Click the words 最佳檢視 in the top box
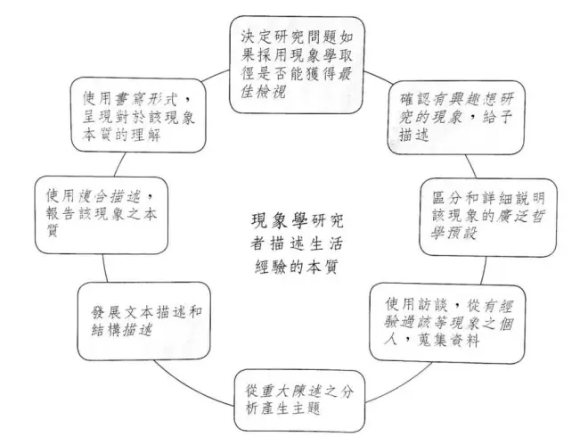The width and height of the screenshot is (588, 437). click(x=296, y=83)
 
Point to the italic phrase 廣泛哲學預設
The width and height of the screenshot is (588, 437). click(x=487, y=225)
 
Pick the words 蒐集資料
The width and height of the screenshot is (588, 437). click(x=448, y=340)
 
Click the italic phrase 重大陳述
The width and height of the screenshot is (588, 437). click(x=291, y=392)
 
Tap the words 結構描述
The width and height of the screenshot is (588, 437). click(x=122, y=330)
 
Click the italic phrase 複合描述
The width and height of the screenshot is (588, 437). click(x=110, y=196)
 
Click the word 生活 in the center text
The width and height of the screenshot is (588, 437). click(x=326, y=243)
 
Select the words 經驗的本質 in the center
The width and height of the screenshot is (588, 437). click(x=296, y=267)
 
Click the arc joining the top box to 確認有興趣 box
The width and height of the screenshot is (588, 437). click(x=378, y=77)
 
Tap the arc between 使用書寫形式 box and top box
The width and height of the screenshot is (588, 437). click(x=216, y=75)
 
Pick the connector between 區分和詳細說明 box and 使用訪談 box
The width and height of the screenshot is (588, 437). click(x=484, y=271)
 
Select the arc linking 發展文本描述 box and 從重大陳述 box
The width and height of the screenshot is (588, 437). click(x=192, y=385)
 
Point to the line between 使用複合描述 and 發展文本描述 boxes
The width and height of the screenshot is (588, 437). click(x=105, y=268)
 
